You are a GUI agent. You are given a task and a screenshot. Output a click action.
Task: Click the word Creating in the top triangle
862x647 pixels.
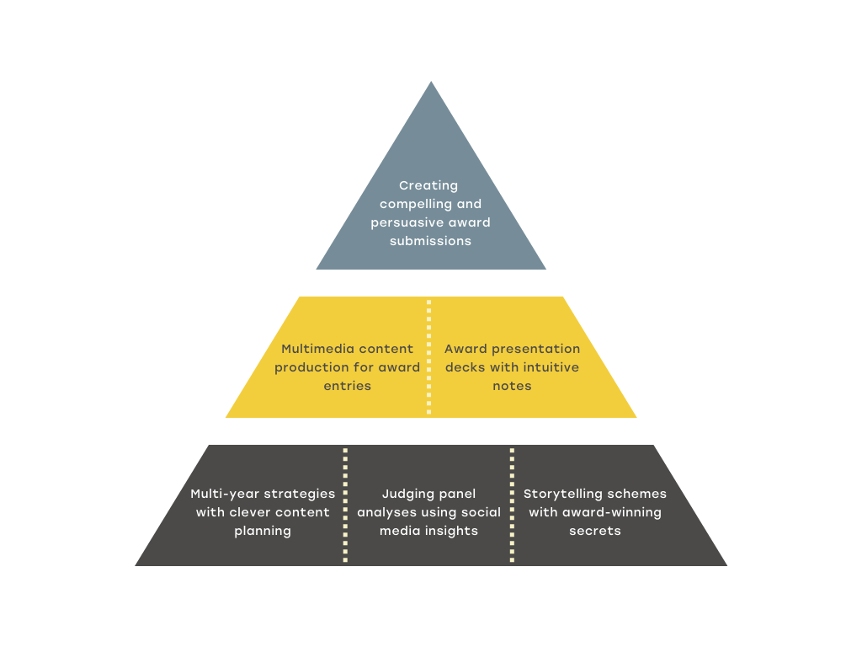[x=428, y=186]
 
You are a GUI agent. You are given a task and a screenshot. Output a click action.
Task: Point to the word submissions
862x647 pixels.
[x=430, y=241]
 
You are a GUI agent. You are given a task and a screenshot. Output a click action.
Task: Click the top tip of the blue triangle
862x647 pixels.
[x=431, y=82]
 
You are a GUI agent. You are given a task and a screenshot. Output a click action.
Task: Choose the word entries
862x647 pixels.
[x=347, y=386]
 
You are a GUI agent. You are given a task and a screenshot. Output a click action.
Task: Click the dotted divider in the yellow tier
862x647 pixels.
[x=428, y=356]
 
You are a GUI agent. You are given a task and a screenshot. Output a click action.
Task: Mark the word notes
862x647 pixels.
[x=512, y=386]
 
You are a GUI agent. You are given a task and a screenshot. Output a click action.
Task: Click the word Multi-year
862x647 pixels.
[x=221, y=495]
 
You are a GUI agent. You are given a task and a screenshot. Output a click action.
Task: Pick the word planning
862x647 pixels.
[x=263, y=532]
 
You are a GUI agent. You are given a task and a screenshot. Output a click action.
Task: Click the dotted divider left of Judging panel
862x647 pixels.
[x=345, y=505]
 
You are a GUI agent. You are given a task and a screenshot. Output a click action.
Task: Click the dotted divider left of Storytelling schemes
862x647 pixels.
[x=512, y=505]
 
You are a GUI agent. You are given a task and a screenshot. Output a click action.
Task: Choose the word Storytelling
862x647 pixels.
[x=559, y=495]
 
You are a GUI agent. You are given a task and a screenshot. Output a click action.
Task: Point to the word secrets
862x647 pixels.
[x=595, y=532]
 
